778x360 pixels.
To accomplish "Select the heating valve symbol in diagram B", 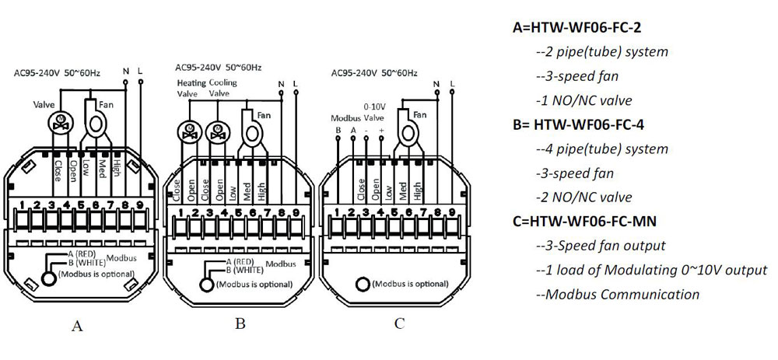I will pyautogui.click(x=187, y=131).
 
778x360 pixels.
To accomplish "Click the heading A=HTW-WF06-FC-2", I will pyautogui.click(x=577, y=28).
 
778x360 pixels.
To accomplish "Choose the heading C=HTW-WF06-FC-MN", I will pyautogui.click(x=584, y=222).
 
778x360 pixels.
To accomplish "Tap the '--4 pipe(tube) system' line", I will pyautogui.click(x=602, y=149).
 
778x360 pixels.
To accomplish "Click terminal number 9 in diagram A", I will pyautogui.click(x=139, y=205).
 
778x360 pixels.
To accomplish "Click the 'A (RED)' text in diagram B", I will pyautogui.click(x=240, y=262).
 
